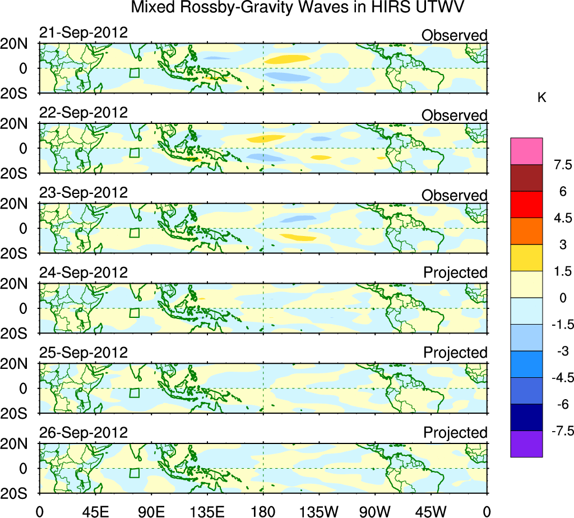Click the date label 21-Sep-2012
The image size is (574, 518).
coord(84,33)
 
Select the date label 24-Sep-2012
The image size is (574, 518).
coord(84,273)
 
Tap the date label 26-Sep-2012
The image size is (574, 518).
coord(84,433)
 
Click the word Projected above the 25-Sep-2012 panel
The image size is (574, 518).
coord(455,353)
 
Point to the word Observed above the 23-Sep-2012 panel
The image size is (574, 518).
coord(455,196)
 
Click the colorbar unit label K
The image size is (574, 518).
coord(542,98)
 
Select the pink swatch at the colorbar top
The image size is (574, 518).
coord(526,151)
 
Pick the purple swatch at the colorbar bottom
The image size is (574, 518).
coord(526,444)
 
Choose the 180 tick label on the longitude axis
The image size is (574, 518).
coord(263,511)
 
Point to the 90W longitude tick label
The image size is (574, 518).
coord(375,511)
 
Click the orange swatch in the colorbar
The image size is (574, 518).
coord(526,231)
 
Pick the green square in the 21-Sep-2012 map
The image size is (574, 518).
coord(134,72)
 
